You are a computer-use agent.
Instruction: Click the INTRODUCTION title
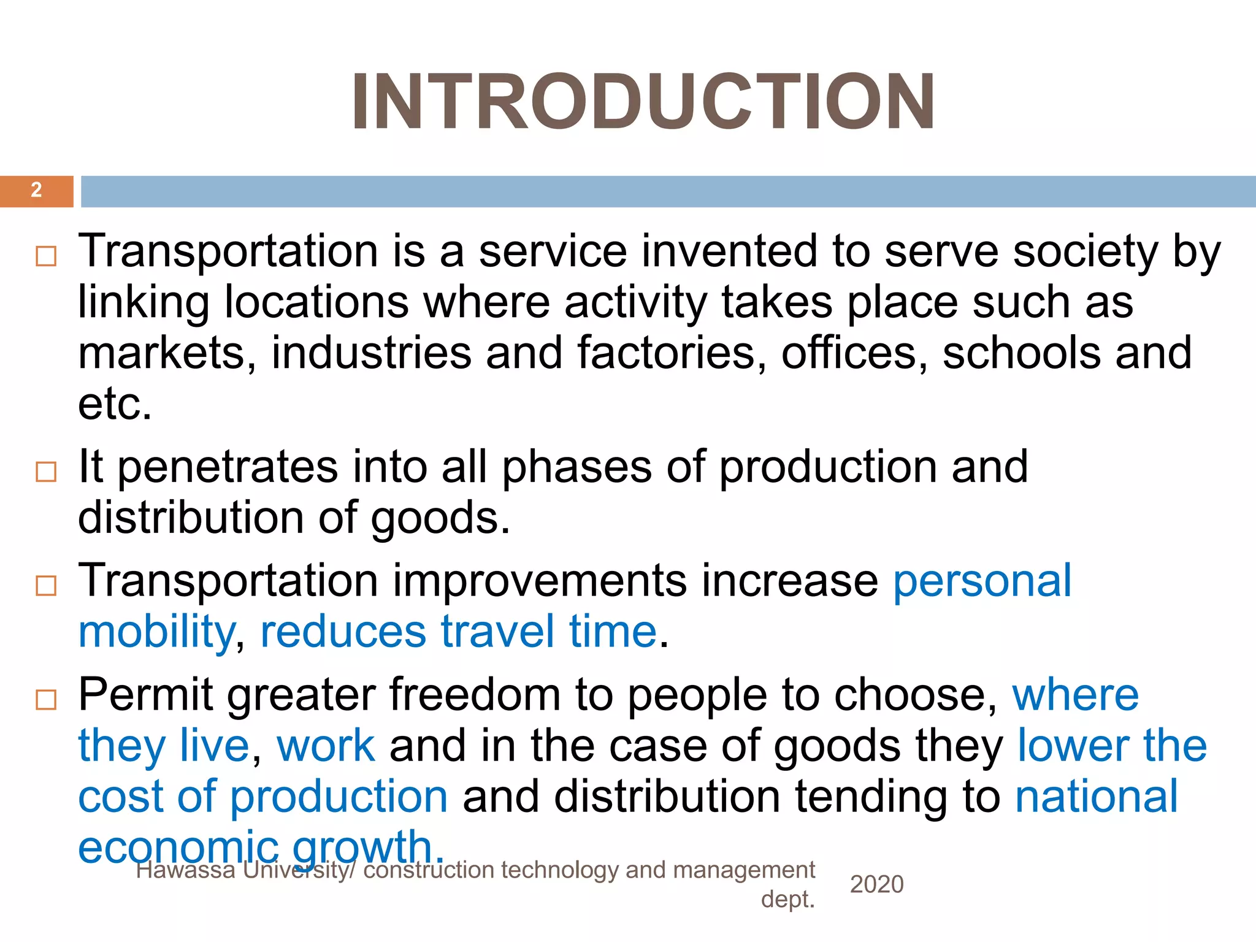tap(643, 102)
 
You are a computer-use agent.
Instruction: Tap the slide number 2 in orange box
tap(36, 190)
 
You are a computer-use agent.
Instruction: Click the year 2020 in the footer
tap(876, 884)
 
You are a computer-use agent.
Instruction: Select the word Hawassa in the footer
tap(185, 870)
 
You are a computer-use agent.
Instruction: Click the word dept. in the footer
tap(787, 899)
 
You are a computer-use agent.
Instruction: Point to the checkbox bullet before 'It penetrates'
tap(46, 472)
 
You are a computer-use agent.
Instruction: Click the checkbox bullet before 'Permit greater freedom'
tap(46, 699)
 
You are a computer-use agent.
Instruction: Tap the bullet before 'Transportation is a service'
tap(46, 256)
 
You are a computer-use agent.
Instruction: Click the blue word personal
tap(982, 581)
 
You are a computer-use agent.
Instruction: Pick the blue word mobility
tap(156, 632)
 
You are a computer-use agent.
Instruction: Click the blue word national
tap(1097, 797)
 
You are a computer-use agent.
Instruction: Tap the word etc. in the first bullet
tap(115, 404)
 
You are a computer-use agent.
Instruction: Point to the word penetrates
tap(227, 468)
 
